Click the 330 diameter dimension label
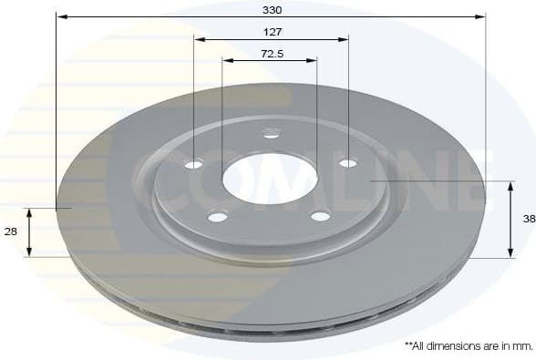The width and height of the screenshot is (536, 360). click(272, 10)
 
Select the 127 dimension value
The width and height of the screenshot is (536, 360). click(272, 33)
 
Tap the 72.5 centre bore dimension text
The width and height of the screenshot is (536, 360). click(271, 54)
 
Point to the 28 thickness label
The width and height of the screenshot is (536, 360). click(11, 232)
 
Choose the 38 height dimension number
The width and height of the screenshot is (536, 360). click(529, 219)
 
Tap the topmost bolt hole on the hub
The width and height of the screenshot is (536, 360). click(271, 134)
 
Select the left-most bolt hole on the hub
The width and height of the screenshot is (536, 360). click(193, 165)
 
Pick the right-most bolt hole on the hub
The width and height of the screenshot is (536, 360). click(347, 164)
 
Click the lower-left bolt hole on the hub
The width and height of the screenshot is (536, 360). click(217, 216)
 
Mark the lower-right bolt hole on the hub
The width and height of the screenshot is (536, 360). click(320, 216)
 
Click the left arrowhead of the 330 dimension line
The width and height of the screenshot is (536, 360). click(60, 15)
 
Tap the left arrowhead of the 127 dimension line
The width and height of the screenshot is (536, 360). click(198, 39)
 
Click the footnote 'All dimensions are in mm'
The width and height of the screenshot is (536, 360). click(468, 346)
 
